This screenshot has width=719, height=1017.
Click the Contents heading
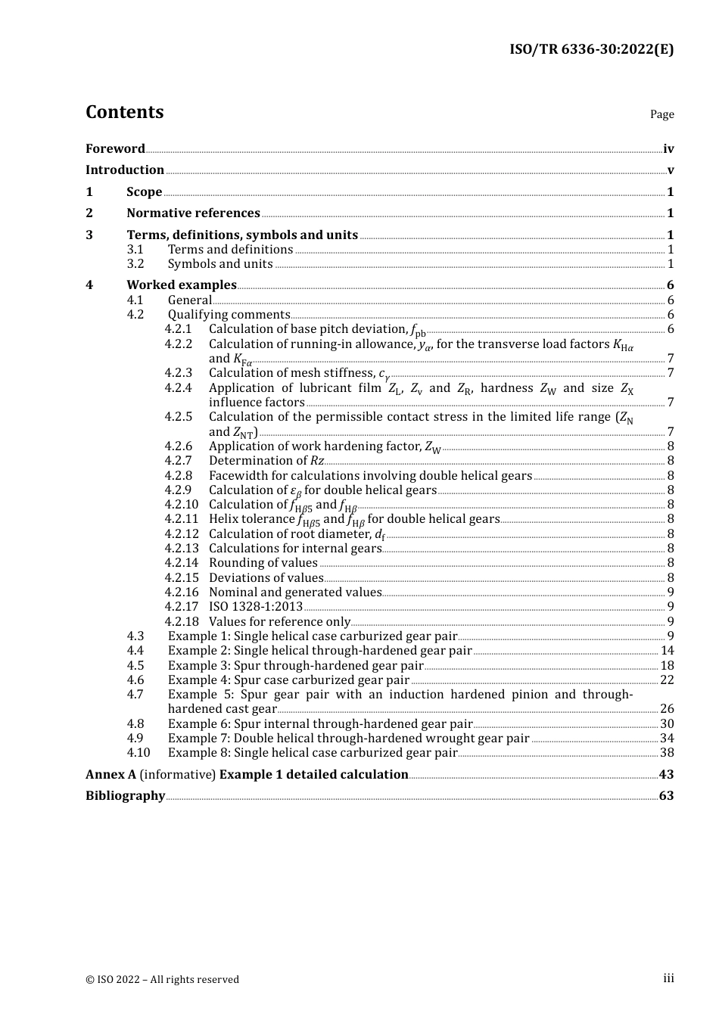coord(124,112)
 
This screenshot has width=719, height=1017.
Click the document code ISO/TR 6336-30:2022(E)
coord(591,49)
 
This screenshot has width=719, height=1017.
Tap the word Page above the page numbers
coord(661,114)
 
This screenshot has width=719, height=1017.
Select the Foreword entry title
coord(115,148)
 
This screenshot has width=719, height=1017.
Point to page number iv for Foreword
coord(668,148)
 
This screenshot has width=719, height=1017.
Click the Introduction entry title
coord(125,169)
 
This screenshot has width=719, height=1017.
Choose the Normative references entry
coord(193,213)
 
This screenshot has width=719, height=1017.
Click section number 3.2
coord(135,263)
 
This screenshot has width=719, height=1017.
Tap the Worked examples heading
coord(182,285)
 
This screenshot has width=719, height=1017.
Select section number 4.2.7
coord(179,460)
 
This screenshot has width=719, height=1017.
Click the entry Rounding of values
coord(263,562)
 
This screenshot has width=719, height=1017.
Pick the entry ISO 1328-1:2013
coord(256,606)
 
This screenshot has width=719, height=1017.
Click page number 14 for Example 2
coord(667,650)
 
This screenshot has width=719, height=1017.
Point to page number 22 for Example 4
coord(667,680)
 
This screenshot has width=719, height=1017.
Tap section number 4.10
coord(139,752)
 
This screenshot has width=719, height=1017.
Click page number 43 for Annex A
coord(666,774)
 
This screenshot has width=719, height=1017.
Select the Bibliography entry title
coord(125,795)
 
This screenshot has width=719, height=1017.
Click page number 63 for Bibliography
coord(666,795)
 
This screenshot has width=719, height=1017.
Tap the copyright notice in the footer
coord(162,979)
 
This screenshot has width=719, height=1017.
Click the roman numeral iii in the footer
coord(668,978)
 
